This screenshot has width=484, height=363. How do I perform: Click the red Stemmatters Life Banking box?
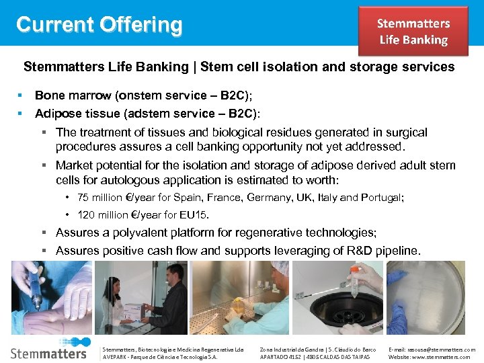coord(413,32)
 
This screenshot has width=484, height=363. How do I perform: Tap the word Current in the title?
coord(54,25)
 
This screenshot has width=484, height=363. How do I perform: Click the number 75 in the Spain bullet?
coord(83,198)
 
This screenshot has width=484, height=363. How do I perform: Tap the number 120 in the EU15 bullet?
coord(86,215)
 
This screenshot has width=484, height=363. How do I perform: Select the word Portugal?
coord(381,198)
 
